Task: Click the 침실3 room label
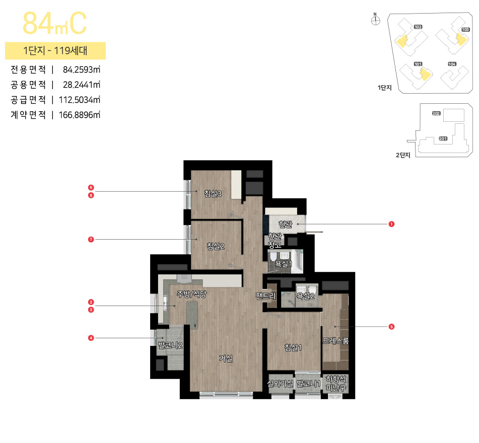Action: tap(213, 193)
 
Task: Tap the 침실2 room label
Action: tap(215, 246)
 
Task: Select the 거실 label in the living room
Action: tap(226, 358)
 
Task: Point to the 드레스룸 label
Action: tap(335, 341)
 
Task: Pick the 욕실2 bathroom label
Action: tap(305, 296)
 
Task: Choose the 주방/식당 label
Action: tap(191, 294)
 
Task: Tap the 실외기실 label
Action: tap(280, 384)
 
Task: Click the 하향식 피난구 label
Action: tap(336, 383)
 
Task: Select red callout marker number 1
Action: tap(391, 224)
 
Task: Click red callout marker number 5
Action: tap(391, 327)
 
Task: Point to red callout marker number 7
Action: tap(91, 240)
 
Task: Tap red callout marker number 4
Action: tap(91, 338)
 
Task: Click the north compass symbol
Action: tap(375, 20)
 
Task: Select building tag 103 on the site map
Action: tap(465, 30)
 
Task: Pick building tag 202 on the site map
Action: tap(436, 114)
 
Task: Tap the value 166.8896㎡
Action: tap(80, 115)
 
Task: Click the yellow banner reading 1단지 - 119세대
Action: tap(55, 50)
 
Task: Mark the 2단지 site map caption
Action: tap(403, 155)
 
